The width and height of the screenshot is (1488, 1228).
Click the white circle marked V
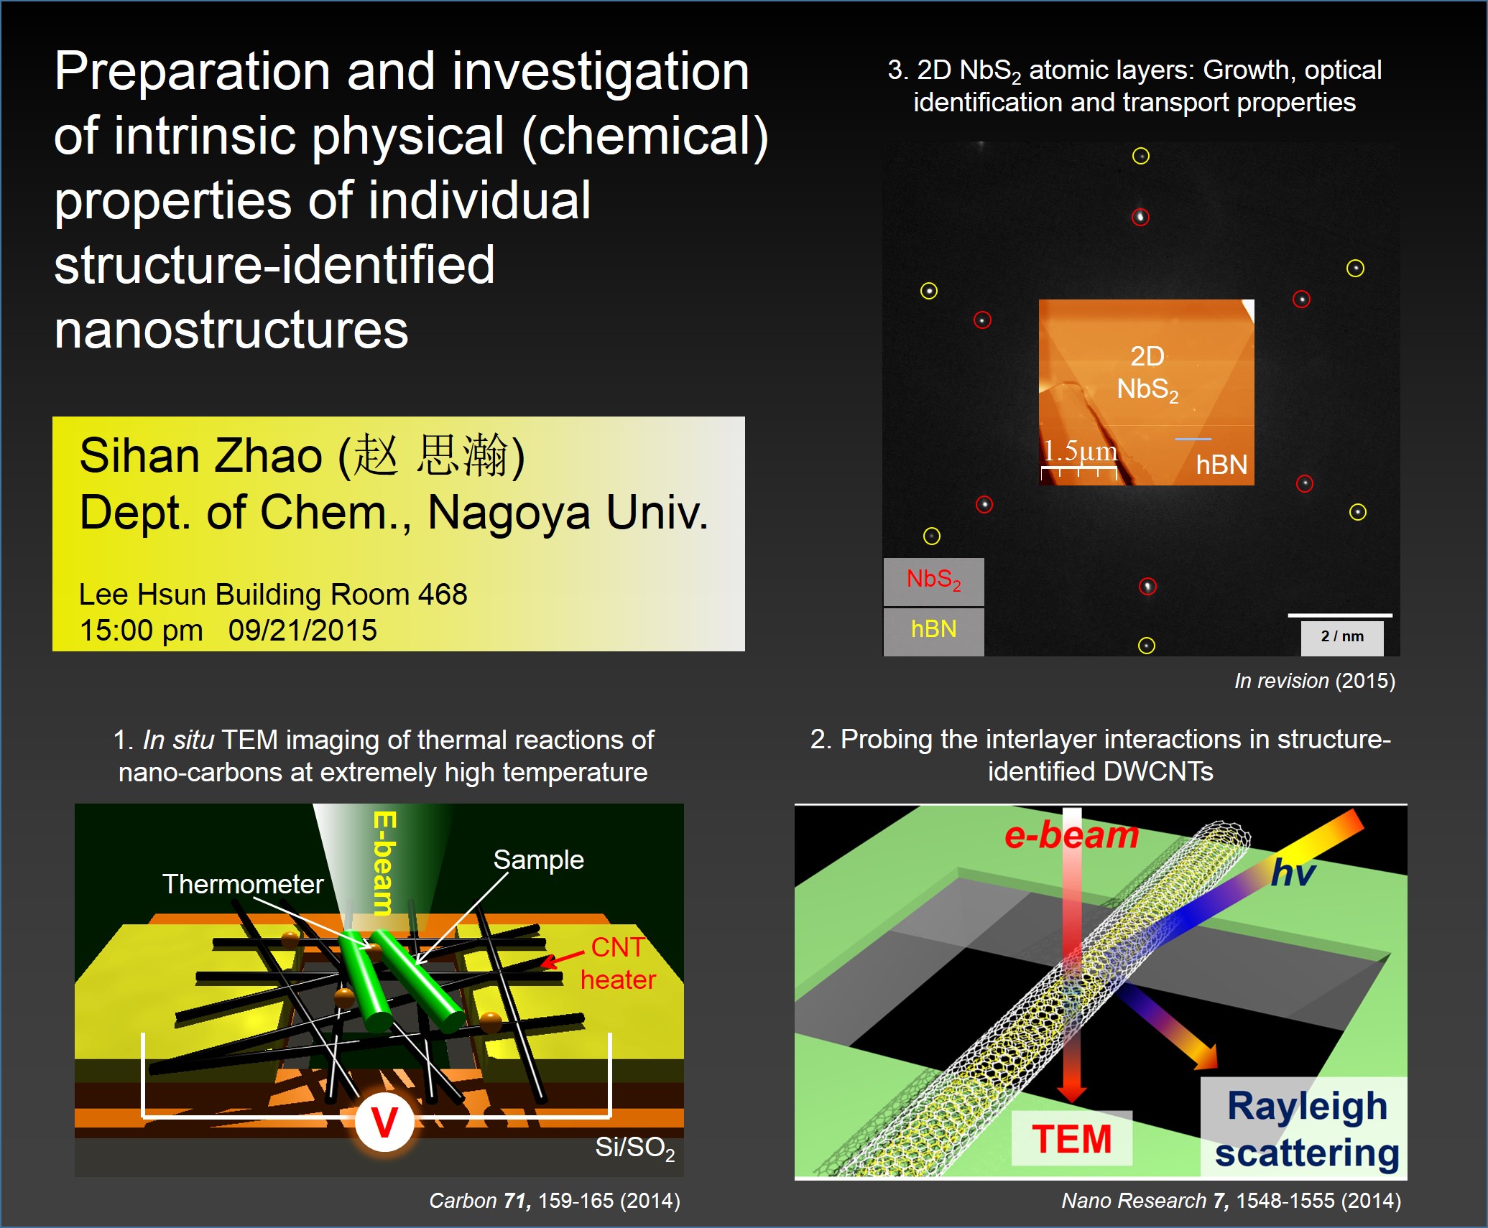tap(384, 1122)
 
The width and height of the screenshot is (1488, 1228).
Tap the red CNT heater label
tap(618, 963)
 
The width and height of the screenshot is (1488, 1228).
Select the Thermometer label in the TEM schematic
tap(243, 884)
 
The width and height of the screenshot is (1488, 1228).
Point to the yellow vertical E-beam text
tap(384, 862)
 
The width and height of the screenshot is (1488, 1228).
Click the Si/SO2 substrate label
tap(635, 1148)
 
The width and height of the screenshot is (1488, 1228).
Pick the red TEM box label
tap(1071, 1138)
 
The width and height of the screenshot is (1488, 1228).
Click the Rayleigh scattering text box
tap(1304, 1128)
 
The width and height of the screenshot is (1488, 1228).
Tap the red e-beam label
tap(1071, 835)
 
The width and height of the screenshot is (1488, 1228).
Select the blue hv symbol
tap(1293, 873)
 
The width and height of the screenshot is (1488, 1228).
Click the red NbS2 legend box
tap(933, 581)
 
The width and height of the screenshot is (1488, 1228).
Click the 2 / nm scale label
tap(1342, 637)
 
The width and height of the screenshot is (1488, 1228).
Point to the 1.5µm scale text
tap(1080, 450)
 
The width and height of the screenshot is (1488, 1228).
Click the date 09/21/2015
tap(302, 631)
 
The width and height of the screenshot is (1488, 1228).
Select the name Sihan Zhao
tap(200, 456)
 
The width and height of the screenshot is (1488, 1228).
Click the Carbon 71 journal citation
tap(554, 1201)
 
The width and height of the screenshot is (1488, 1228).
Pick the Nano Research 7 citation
tap(1231, 1201)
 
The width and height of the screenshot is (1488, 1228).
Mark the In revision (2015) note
tap(1315, 681)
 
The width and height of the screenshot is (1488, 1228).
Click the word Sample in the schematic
tap(538, 860)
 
